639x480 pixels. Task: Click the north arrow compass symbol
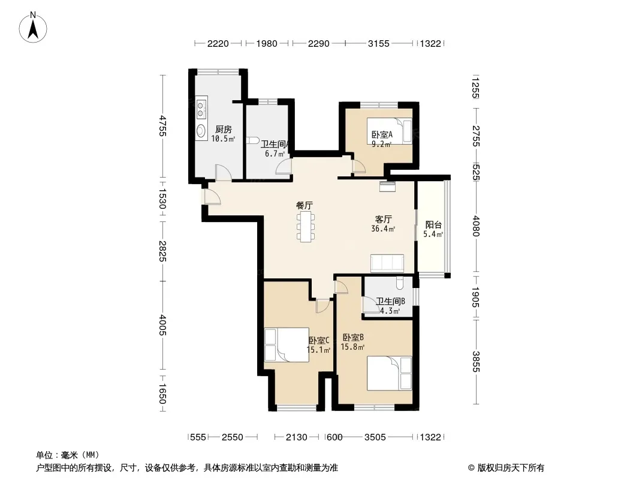pyautogui.click(x=33, y=28)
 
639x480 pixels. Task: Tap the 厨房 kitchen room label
pyautogui.click(x=224, y=129)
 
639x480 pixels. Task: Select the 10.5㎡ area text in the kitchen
pyautogui.click(x=223, y=139)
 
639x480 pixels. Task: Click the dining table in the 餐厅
pyautogui.click(x=306, y=227)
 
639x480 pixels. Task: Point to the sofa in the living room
pyautogui.click(x=387, y=263)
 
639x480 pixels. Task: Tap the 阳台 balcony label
pyautogui.click(x=433, y=224)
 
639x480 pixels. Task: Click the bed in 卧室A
pyautogui.click(x=390, y=131)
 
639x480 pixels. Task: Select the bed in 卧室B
pyautogui.click(x=389, y=373)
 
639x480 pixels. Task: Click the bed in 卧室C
pyautogui.click(x=287, y=344)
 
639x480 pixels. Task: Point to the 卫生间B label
pyautogui.click(x=390, y=301)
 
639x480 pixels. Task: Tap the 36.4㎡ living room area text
pyautogui.click(x=383, y=229)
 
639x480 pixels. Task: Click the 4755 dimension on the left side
pyautogui.click(x=162, y=126)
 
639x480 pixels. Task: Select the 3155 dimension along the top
pyautogui.click(x=379, y=43)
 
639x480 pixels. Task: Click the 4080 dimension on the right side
pyautogui.click(x=476, y=226)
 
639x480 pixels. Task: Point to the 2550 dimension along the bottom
pyautogui.click(x=233, y=437)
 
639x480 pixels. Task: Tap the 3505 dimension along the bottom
pyautogui.click(x=375, y=437)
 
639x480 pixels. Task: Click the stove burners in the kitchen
pyautogui.click(x=201, y=107)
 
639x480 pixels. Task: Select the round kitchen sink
pyautogui.click(x=201, y=130)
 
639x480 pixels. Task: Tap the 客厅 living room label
pyautogui.click(x=383, y=219)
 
